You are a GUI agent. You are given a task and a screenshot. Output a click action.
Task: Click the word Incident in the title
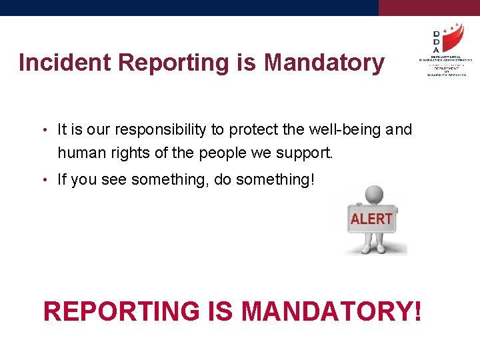tap(65, 63)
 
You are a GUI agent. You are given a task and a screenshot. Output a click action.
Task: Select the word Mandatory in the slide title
tap(325, 63)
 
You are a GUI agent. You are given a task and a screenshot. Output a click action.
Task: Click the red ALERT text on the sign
tap(371, 219)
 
